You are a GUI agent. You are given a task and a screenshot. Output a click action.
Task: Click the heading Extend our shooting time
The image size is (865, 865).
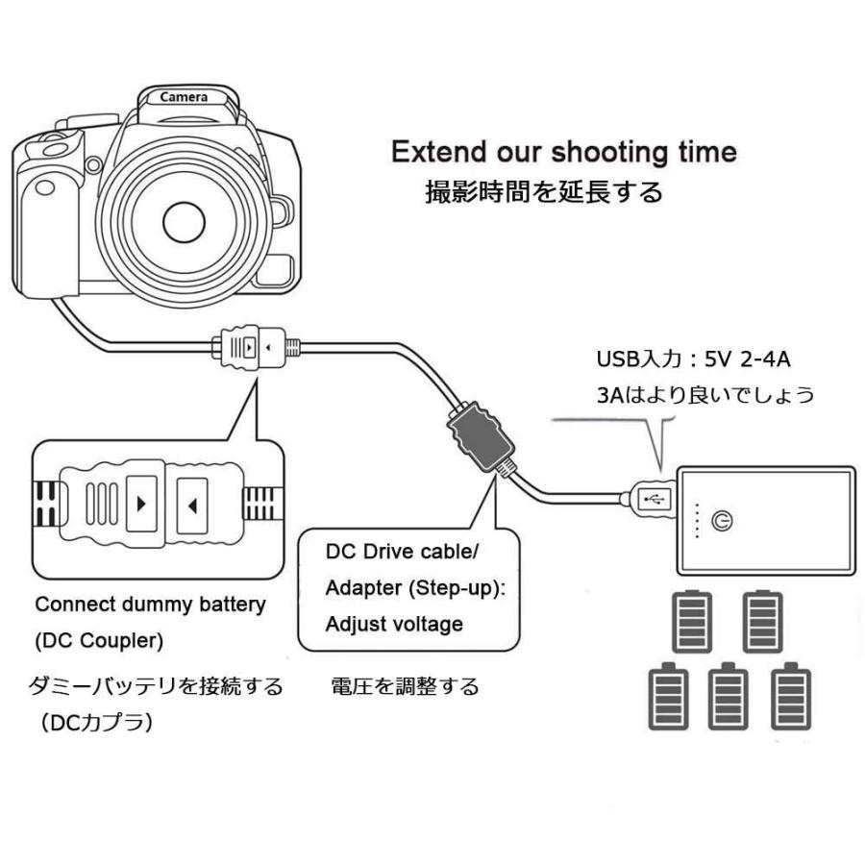564,152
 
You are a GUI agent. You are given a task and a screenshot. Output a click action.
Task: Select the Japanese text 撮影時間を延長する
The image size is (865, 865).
544,192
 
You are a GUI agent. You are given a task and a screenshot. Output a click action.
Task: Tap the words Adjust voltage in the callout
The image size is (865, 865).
393,624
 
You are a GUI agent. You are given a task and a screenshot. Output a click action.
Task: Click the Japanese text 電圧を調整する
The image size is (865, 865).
404,687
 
